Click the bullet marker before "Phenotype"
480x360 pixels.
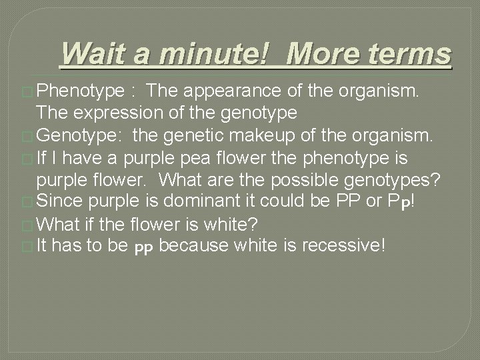[30, 91]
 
